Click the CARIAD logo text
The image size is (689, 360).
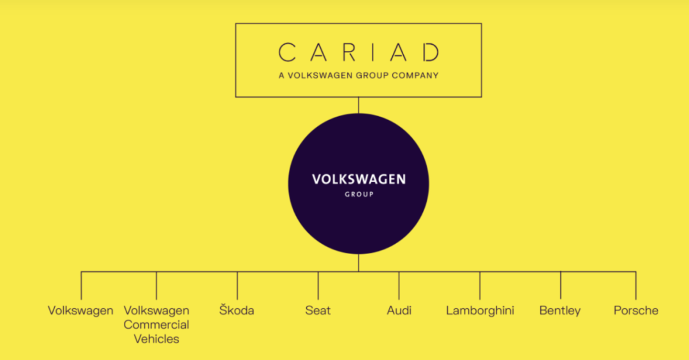(359, 51)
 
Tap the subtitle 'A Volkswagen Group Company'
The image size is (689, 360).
(359, 75)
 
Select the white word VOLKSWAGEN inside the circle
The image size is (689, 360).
(359, 179)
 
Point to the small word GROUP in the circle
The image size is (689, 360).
(359, 194)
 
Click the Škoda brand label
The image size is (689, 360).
(236, 311)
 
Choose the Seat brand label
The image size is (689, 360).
(318, 311)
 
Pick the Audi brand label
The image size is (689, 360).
(399, 311)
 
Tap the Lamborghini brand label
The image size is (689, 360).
(480, 311)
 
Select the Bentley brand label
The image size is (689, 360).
(560, 311)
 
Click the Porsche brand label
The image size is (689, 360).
(635, 311)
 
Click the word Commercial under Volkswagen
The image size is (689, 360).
(156, 325)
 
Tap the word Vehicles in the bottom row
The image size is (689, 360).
(156, 339)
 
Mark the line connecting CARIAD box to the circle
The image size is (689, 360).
(359, 105)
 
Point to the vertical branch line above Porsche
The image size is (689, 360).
(636, 285)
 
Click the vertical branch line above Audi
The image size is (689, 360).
(399, 285)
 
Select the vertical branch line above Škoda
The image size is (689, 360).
(237, 285)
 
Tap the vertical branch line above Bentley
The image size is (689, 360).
(561, 285)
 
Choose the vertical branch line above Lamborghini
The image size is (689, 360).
(480, 285)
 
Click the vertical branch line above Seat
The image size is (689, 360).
(318, 285)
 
